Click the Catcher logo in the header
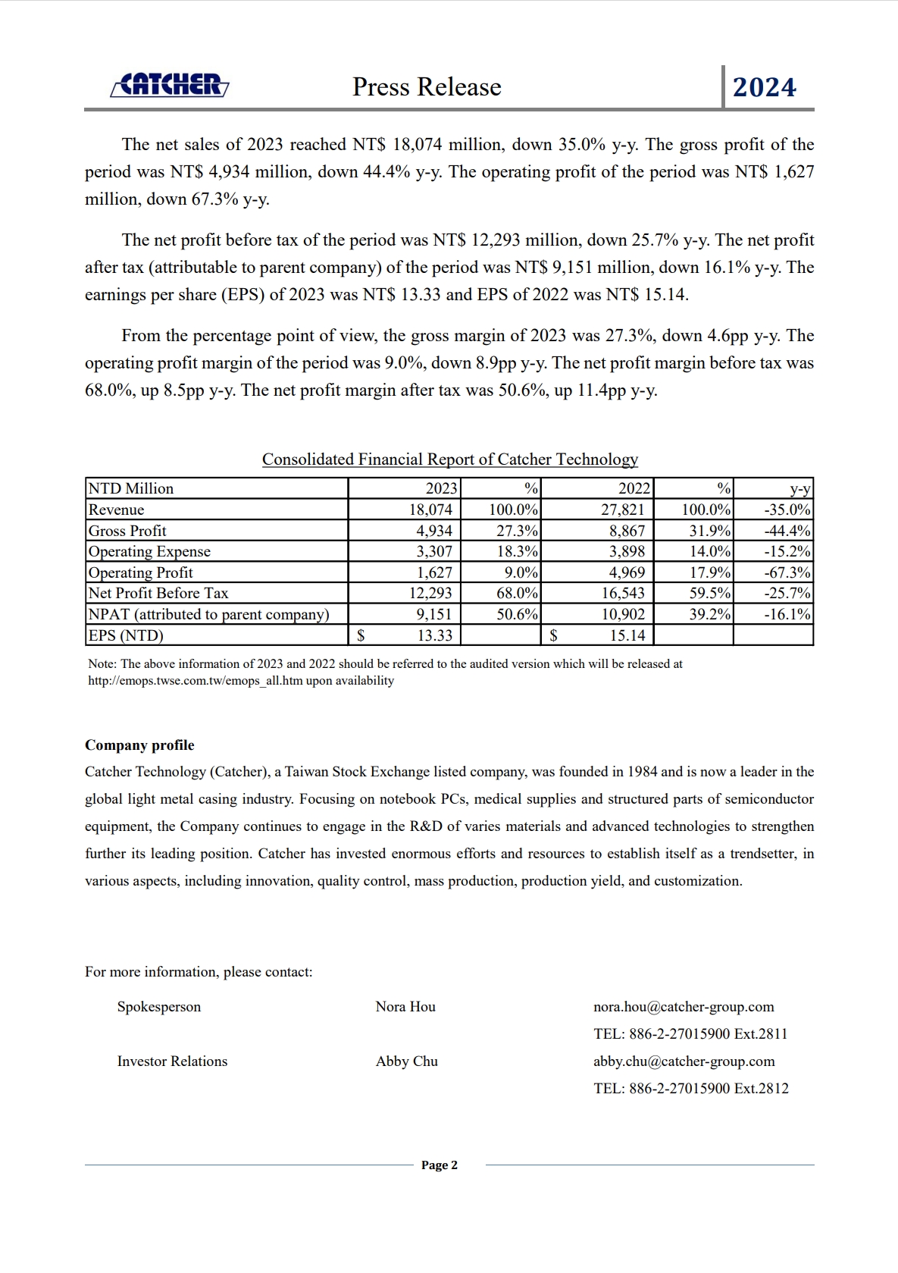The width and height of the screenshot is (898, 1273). [x=170, y=85]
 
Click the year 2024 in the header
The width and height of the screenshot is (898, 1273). [x=764, y=87]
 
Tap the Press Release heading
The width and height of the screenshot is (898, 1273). [x=427, y=87]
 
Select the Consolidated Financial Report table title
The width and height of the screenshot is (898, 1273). [x=449, y=459]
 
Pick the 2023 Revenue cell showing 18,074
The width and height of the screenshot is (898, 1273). [x=430, y=510]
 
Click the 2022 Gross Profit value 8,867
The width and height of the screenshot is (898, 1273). [x=627, y=531]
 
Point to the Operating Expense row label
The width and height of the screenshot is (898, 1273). [x=149, y=551]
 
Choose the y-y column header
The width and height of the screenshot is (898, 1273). [x=799, y=488]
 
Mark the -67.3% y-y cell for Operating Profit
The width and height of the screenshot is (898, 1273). [x=787, y=572]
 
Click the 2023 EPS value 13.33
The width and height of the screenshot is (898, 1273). [x=434, y=635]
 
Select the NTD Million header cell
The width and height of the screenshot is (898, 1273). [x=131, y=488]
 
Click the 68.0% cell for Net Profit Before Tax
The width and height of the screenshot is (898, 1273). [x=517, y=593]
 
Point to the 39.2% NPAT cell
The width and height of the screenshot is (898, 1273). [x=709, y=614]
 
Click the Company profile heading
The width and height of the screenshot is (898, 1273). [x=139, y=745]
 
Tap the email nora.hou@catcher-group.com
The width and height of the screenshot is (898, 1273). [x=684, y=1007]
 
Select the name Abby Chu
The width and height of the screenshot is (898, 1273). [x=407, y=1061]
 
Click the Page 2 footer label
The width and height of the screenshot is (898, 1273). [x=440, y=1165]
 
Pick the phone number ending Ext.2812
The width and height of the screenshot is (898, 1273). [x=691, y=1089]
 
